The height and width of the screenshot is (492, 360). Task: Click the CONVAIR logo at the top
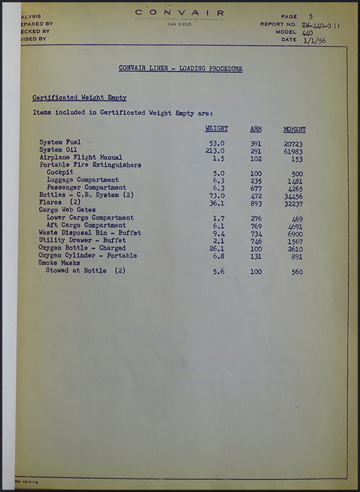(x=180, y=12)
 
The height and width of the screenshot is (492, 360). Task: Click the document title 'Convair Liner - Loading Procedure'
(x=180, y=69)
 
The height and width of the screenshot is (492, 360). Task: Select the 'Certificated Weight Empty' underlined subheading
(x=79, y=98)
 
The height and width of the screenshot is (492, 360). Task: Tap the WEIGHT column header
(x=216, y=129)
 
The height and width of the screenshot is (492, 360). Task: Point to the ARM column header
(x=256, y=129)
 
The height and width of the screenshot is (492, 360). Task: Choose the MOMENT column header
(x=294, y=129)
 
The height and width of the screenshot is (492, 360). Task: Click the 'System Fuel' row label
(x=60, y=142)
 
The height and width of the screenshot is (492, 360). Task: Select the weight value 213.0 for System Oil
(x=214, y=150)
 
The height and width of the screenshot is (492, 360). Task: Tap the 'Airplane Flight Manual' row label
(x=80, y=157)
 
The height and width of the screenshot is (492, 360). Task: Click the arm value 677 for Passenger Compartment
(x=256, y=187)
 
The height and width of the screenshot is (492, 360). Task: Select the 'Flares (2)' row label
(x=59, y=202)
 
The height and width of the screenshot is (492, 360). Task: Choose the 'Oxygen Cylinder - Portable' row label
(x=87, y=256)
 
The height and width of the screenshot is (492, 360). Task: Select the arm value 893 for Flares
(x=256, y=203)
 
